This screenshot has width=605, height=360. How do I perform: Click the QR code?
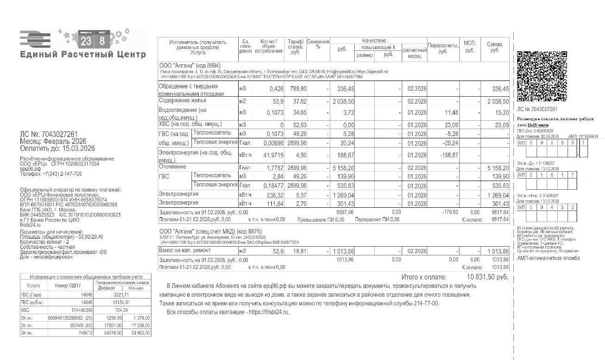pyautogui.click(x=542, y=76)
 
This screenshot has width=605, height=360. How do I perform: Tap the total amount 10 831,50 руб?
pyautogui.click(x=488, y=277)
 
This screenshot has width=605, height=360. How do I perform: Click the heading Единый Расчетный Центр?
pyautogui.click(x=83, y=55)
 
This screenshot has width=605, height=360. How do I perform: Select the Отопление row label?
pyautogui.click(x=173, y=167)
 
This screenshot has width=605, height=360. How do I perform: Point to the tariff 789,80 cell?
pyautogui.click(x=297, y=89)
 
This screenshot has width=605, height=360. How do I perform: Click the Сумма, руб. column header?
pyautogui.click(x=494, y=47)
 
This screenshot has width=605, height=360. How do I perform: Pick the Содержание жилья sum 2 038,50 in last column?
pyautogui.click(x=498, y=101)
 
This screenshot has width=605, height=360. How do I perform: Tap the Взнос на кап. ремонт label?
pyautogui.click(x=185, y=250)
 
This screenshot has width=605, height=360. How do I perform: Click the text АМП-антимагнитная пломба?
pyautogui.click(x=548, y=258)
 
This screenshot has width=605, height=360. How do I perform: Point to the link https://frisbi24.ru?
pyautogui.click(x=269, y=312)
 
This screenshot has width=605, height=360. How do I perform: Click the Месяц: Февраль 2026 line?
pyautogui.click(x=53, y=141)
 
